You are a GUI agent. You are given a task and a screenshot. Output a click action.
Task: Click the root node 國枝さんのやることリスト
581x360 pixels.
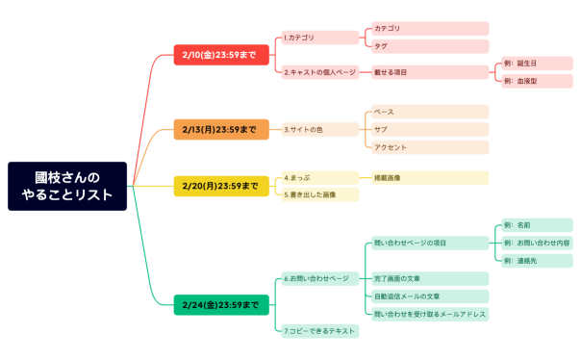pyautogui.click(x=67, y=186)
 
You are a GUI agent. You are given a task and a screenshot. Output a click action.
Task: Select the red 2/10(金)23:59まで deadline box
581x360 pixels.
pyautogui.click(x=219, y=55)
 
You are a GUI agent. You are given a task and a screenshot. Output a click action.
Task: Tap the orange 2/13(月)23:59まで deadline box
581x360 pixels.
pyautogui.click(x=219, y=129)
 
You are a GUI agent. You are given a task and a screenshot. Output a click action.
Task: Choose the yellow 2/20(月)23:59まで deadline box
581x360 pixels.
pyautogui.click(x=219, y=186)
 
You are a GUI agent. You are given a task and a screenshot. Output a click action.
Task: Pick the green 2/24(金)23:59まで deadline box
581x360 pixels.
pyautogui.click(x=219, y=305)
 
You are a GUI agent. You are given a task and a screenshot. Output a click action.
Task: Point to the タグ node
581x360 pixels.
pyautogui.click(x=429, y=46)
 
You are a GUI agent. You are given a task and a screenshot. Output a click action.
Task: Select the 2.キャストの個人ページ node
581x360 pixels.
pyautogui.click(x=320, y=72)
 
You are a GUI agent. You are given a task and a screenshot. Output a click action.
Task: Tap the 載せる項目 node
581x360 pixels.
pyautogui.click(x=429, y=72)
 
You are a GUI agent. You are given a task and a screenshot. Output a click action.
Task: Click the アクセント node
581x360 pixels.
pyautogui.click(x=429, y=147)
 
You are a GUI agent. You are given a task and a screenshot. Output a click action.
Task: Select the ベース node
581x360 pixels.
pyautogui.click(x=429, y=112)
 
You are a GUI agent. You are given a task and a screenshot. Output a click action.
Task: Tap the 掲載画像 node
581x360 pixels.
pyautogui.click(x=429, y=178)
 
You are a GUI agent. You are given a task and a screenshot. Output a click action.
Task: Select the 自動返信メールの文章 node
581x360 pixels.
pyautogui.click(x=429, y=296)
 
